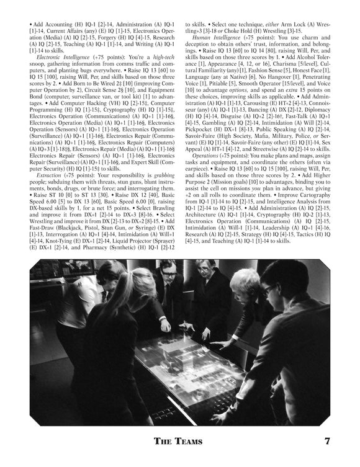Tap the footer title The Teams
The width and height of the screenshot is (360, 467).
180,442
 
